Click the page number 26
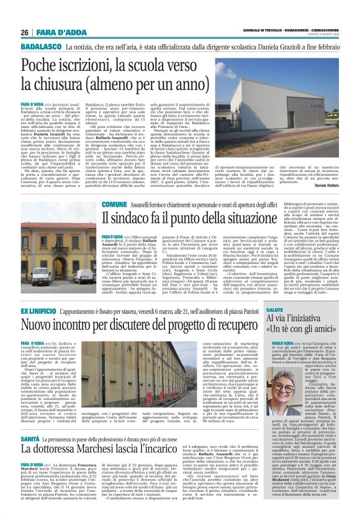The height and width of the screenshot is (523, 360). click(25, 32)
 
